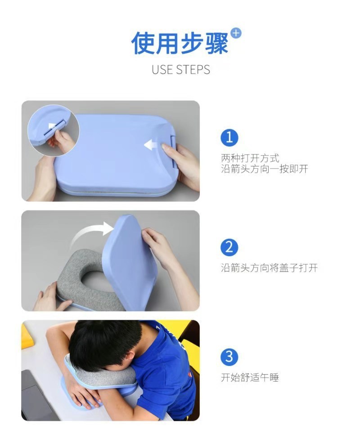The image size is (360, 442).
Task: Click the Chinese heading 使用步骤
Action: coord(180,43)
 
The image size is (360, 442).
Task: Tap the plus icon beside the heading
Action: coord(236,33)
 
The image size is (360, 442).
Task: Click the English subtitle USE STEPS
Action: coord(180,70)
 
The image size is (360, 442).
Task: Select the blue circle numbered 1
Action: coord(229,138)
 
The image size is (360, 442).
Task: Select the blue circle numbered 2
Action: coord(229,247)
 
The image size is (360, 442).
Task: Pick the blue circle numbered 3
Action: coord(229,357)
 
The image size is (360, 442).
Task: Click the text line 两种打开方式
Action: coord(250,158)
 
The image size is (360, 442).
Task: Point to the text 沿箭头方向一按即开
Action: coord(265,169)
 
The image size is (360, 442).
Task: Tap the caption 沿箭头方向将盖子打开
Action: coord(269,268)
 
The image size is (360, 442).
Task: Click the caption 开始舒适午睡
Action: coord(250,377)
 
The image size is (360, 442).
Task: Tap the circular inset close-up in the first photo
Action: coord(53,130)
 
